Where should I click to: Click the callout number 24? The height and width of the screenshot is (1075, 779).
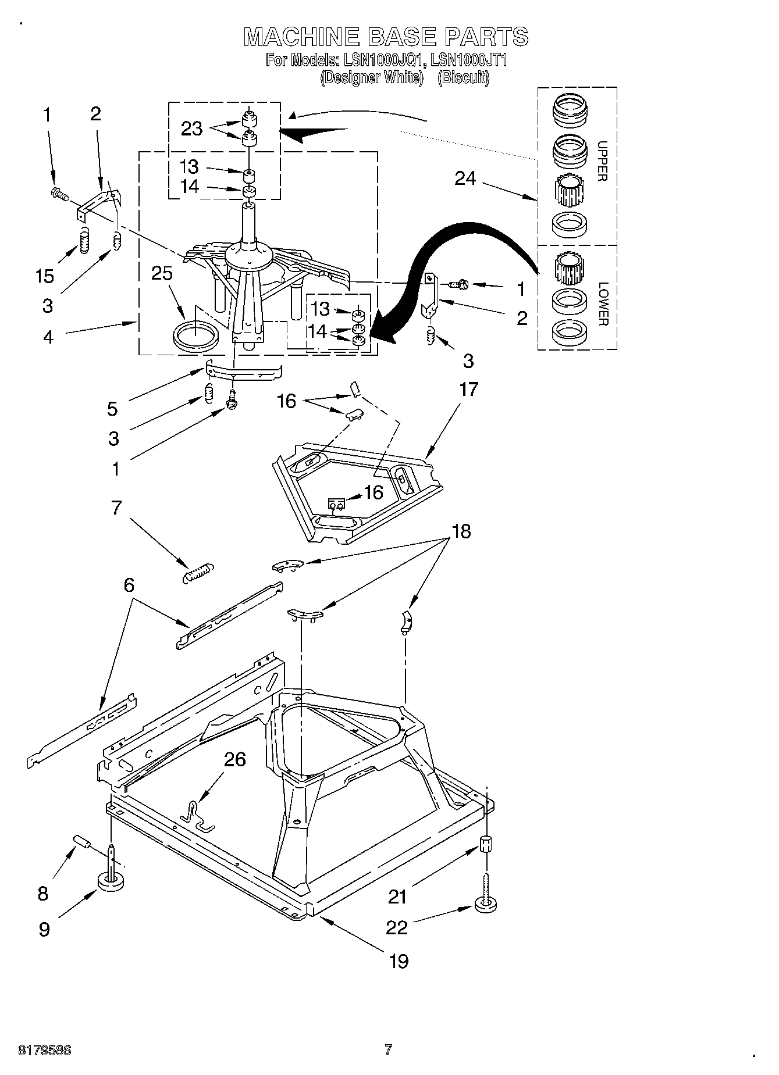pos(465,178)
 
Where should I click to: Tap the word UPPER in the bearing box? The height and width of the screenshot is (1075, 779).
pos(602,161)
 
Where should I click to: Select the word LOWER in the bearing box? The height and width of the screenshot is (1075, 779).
pos(602,303)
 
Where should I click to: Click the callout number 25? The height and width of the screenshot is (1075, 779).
pos(162,273)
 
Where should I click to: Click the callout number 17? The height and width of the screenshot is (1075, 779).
pos(468,389)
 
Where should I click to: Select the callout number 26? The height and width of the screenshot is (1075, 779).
pos(234,759)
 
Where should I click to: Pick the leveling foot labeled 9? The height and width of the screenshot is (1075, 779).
pos(111,880)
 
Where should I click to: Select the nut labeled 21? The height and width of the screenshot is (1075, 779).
pos(486,844)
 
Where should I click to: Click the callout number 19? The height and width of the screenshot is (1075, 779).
pos(399,960)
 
